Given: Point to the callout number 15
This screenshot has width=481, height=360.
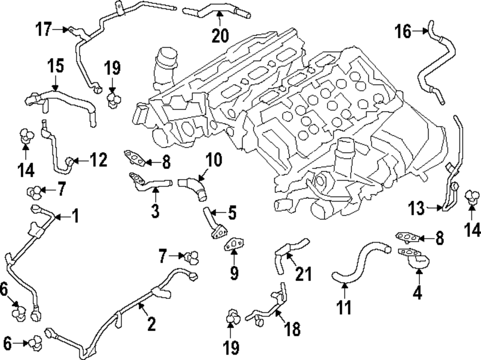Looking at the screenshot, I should [x=55, y=66].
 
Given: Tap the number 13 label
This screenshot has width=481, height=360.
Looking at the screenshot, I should [x=417, y=208].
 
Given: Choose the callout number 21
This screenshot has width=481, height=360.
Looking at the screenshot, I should [x=303, y=274].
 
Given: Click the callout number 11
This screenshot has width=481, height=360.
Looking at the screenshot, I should [x=344, y=307].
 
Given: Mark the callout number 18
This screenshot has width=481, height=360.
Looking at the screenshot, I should [x=292, y=329].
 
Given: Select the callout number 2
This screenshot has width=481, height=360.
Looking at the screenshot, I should [x=151, y=324].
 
